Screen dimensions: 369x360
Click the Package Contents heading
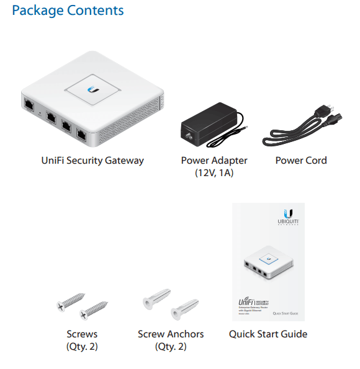(68, 11)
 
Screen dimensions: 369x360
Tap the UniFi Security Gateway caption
(92, 160)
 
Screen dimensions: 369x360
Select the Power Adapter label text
(214, 160)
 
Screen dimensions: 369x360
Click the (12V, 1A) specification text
(214, 173)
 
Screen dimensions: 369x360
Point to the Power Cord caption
(300, 160)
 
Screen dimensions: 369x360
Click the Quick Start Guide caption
(268, 334)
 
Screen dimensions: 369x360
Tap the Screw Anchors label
(171, 334)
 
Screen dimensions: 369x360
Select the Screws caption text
(82, 334)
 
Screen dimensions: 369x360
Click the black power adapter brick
(205, 123)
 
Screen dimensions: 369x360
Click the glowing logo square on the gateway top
(95, 89)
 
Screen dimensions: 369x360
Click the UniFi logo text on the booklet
(247, 300)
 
